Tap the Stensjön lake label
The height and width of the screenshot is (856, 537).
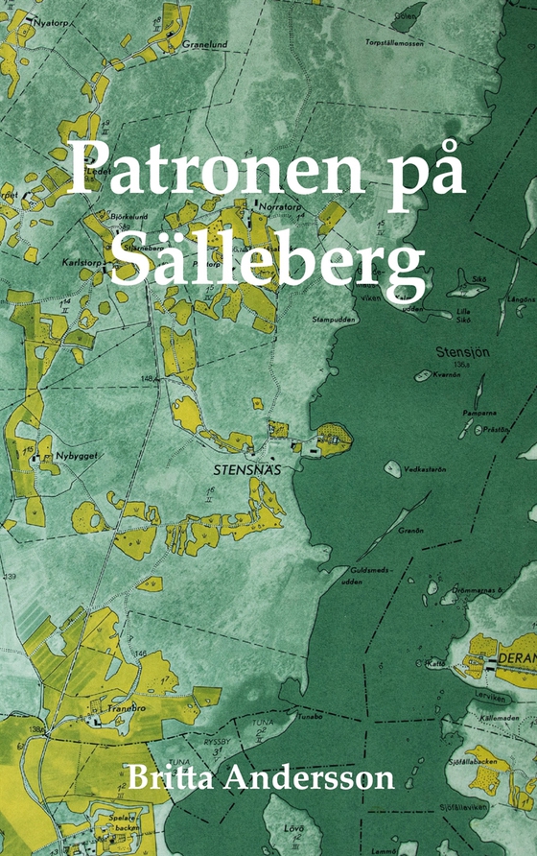(x=462, y=351)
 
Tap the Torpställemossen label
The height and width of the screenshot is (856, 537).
(x=394, y=42)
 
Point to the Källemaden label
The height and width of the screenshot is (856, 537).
(x=495, y=717)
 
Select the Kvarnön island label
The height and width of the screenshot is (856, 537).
(x=448, y=374)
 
